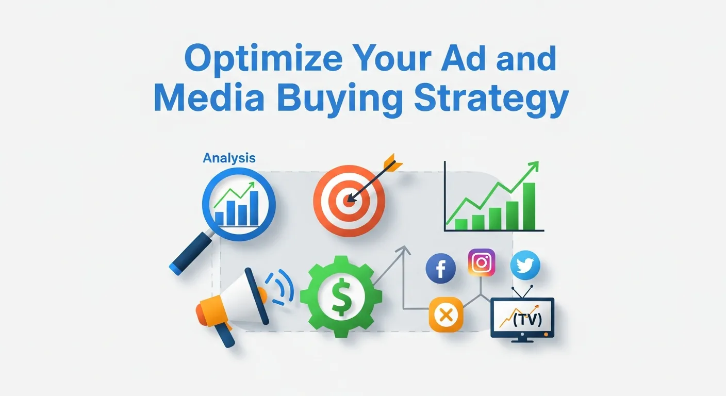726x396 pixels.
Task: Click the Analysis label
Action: (x=229, y=158)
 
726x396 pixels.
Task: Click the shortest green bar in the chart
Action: (x=461, y=224)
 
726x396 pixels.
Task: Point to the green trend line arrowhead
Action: (x=534, y=166)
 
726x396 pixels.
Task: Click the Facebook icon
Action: (x=440, y=270)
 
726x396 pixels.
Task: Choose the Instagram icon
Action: (x=482, y=262)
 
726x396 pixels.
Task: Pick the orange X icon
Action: (x=446, y=315)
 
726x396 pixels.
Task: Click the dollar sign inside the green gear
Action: (x=340, y=298)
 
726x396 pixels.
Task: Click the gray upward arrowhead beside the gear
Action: (x=403, y=251)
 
